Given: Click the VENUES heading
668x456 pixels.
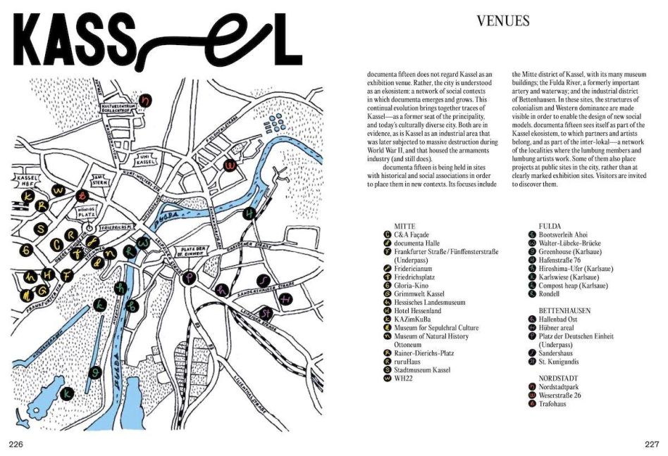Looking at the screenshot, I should pyautogui.click(x=502, y=21).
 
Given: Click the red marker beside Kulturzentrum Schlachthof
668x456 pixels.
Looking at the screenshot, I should pyautogui.click(x=146, y=100).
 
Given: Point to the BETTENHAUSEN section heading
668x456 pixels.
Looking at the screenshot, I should pyautogui.click(x=564, y=310).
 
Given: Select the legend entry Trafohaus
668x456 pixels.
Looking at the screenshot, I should pyautogui.click(x=554, y=403).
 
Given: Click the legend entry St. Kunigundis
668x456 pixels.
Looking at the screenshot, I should pyautogui.click(x=559, y=362).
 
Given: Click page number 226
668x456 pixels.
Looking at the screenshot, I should pyautogui.click(x=16, y=443).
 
